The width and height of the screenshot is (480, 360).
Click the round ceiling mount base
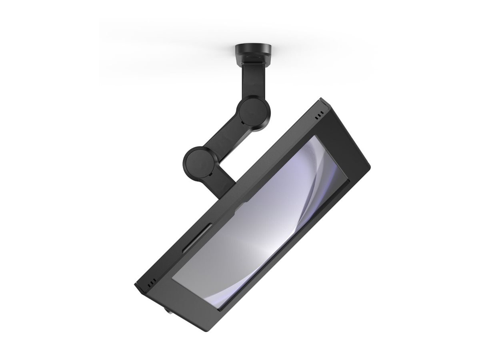point(253,50)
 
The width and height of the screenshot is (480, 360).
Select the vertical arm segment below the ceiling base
point(248,82)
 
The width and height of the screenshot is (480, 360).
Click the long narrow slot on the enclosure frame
point(196,238)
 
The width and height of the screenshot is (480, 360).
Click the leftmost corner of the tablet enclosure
point(135,285)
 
